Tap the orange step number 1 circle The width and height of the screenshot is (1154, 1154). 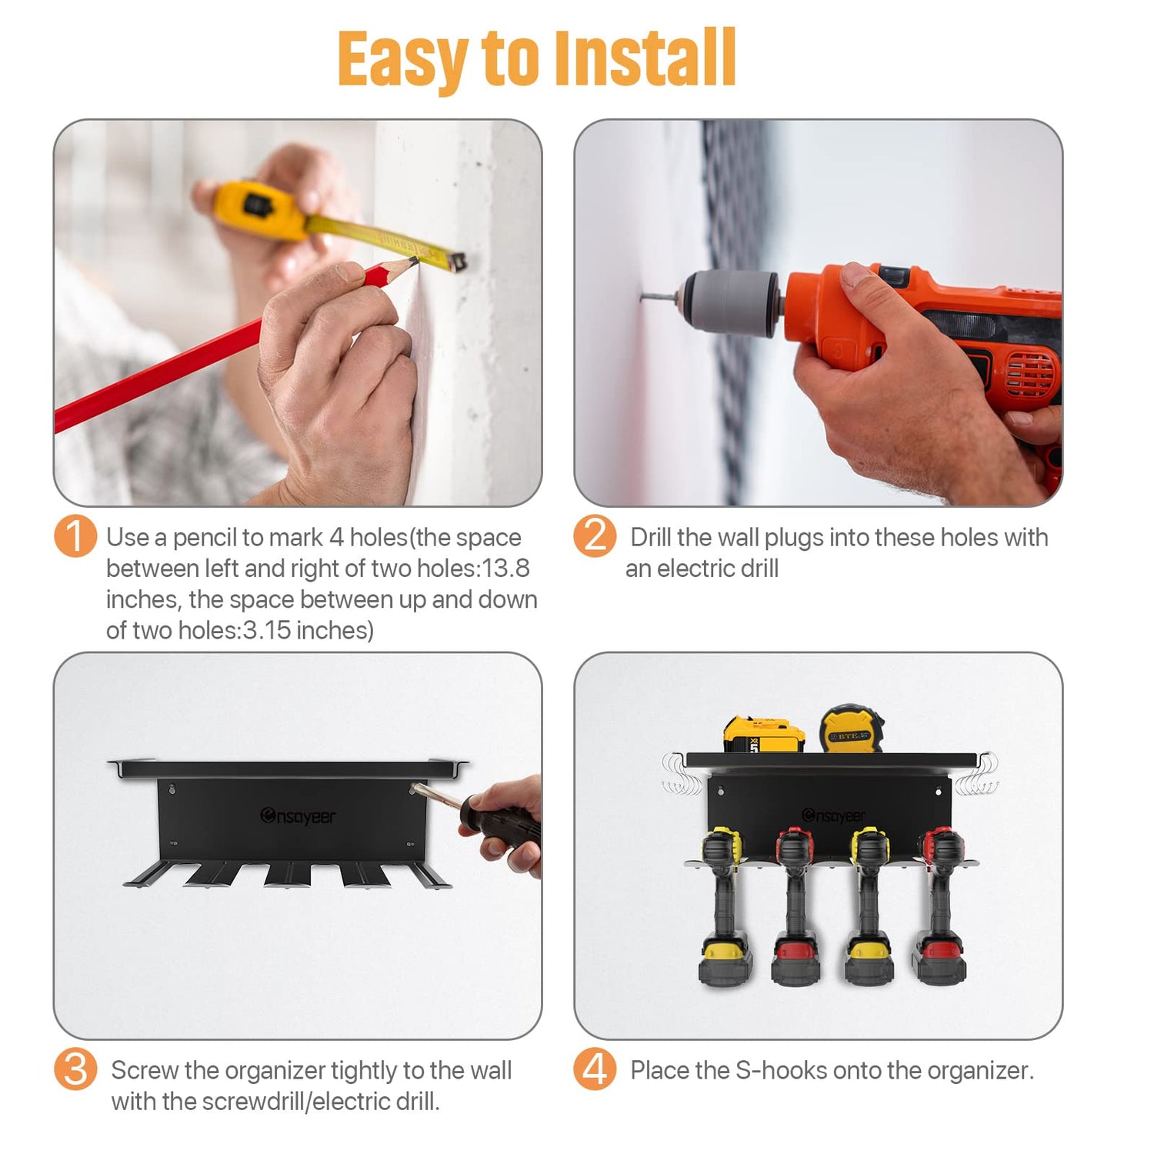click(x=75, y=536)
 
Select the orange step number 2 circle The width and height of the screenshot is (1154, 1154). click(x=595, y=536)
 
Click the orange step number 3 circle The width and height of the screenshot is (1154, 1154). click(x=75, y=1069)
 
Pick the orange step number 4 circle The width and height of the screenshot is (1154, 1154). click(x=595, y=1069)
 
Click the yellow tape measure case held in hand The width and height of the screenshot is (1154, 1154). click(x=255, y=208)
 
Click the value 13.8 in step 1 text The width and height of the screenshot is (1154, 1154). click(x=505, y=569)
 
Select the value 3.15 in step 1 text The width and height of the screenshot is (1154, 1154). click(x=267, y=631)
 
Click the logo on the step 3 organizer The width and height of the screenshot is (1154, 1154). click(x=298, y=815)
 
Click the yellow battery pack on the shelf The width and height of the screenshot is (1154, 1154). click(x=763, y=735)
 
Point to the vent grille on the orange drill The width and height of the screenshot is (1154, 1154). click(x=1032, y=374)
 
